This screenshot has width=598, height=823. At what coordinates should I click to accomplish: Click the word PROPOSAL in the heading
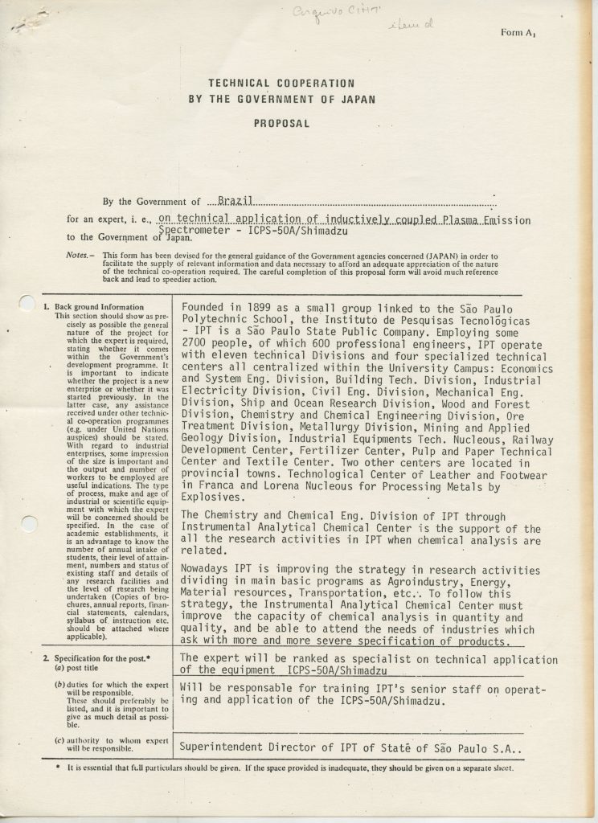coord(281,125)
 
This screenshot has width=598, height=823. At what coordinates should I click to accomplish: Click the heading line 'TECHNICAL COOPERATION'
coord(281,83)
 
